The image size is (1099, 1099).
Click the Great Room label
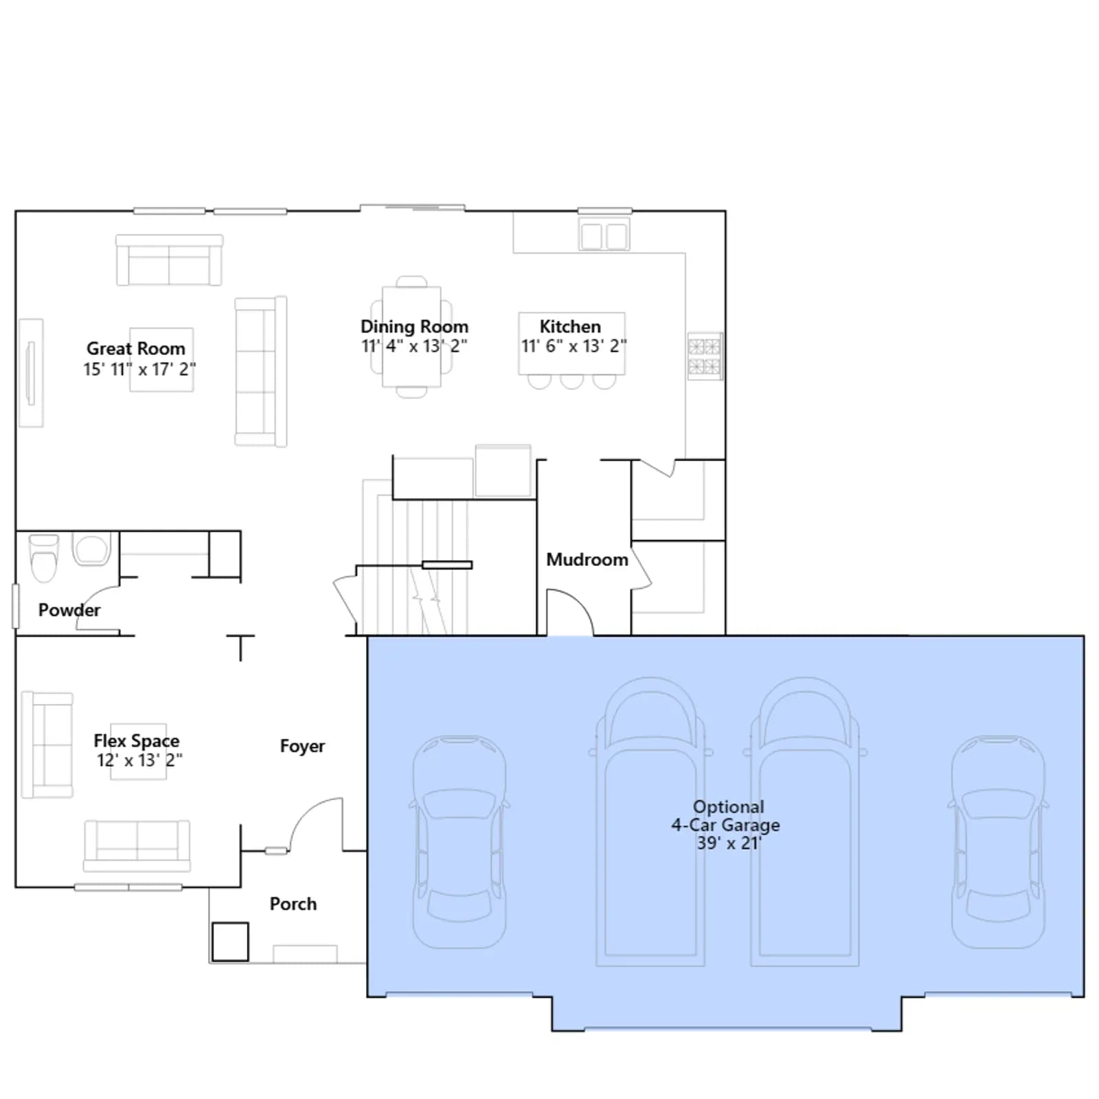(x=136, y=348)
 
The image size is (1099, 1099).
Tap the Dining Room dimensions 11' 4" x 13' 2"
(x=414, y=345)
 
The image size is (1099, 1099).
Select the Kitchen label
(x=570, y=326)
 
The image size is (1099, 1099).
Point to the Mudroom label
(x=587, y=560)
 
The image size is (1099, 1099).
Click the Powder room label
(x=69, y=610)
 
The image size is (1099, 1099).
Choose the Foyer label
(x=302, y=746)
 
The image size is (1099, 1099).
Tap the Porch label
(x=293, y=904)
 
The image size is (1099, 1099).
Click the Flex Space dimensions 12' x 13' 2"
(x=139, y=760)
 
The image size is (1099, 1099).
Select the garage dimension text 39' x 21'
(x=729, y=843)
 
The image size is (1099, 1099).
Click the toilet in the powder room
(x=44, y=558)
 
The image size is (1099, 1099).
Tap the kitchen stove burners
(x=705, y=356)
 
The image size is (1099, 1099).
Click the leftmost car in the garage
(x=460, y=841)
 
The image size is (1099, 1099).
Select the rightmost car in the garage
(x=998, y=841)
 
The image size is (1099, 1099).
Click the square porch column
(x=230, y=942)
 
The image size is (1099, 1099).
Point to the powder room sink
(x=91, y=549)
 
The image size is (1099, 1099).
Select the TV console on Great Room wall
(x=31, y=372)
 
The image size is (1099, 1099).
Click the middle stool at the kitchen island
(x=571, y=381)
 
